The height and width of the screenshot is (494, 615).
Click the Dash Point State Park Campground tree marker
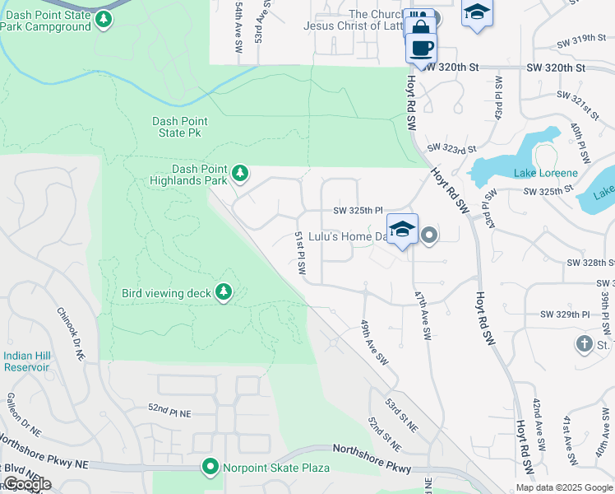(x=103, y=19)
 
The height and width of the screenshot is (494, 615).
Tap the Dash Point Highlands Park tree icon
(x=239, y=173)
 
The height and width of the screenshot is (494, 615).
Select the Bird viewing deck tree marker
(x=223, y=291)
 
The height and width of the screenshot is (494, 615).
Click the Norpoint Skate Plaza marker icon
(x=210, y=468)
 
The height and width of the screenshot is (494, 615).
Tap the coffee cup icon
(x=421, y=46)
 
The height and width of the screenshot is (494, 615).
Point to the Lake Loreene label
(x=546, y=173)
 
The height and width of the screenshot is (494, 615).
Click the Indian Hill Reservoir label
(x=26, y=361)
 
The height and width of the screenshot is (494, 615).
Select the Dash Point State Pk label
(x=179, y=127)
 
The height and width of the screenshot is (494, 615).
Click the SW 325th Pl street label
(x=358, y=211)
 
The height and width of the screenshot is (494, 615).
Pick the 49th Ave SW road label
(x=372, y=343)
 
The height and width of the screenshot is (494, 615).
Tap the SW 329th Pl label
(x=565, y=315)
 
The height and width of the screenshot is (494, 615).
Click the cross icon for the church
(x=584, y=343)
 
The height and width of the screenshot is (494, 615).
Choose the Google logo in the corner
(x=26, y=484)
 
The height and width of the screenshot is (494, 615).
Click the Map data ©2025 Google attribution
(x=564, y=487)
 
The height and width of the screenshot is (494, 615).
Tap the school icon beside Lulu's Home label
(x=402, y=230)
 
